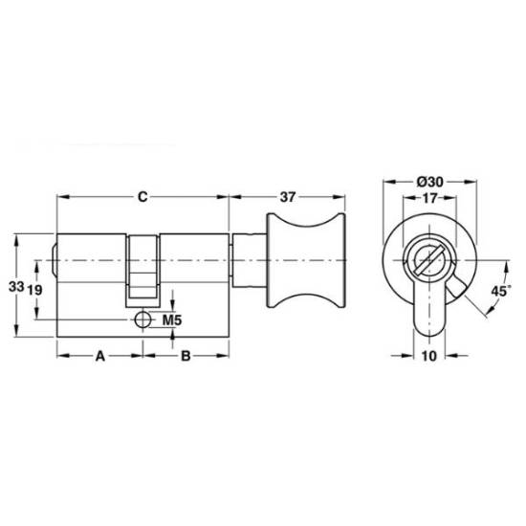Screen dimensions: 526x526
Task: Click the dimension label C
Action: click(142, 197)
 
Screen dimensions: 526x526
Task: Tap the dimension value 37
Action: click(288, 197)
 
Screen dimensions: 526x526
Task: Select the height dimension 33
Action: click(16, 287)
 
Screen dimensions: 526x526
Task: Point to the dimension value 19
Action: click(34, 290)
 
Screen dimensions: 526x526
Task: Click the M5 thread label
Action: click(172, 320)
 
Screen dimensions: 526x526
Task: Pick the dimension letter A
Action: click(100, 356)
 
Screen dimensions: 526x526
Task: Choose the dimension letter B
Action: click(186, 356)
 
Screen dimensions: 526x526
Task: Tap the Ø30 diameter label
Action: click(430, 182)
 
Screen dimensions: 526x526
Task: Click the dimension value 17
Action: click(429, 198)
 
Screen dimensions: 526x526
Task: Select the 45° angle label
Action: click(501, 291)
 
